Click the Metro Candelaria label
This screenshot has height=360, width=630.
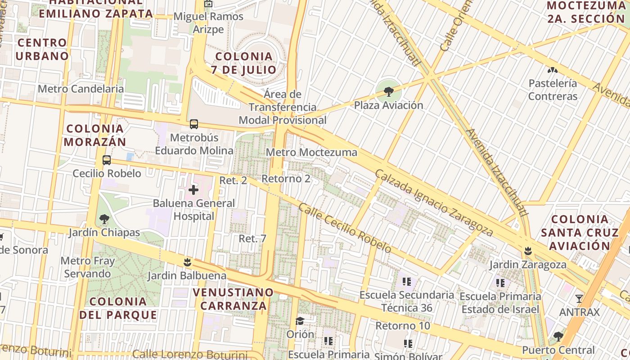[81, 89]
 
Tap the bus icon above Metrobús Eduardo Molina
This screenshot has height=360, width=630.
[194, 124]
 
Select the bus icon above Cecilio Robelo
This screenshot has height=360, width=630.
[107, 160]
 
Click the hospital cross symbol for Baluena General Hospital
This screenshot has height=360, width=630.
[193, 190]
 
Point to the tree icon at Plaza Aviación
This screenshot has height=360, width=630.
[388, 92]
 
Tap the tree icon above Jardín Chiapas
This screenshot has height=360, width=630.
[104, 219]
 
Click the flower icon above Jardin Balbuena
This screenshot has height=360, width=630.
[187, 262]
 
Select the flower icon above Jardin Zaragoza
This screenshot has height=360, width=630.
[528, 251]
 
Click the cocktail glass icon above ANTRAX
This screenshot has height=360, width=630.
[579, 298]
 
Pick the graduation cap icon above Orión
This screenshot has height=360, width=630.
[300, 320]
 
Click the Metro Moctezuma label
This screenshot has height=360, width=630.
[311, 152]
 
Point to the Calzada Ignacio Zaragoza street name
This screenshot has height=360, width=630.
[434, 202]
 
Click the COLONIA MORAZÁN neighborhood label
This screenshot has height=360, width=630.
[94, 135]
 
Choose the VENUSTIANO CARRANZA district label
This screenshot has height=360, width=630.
[233, 299]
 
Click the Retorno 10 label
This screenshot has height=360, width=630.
[403, 325]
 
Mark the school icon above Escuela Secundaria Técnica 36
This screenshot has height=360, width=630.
[407, 282]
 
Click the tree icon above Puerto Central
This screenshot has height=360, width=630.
[558, 336]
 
